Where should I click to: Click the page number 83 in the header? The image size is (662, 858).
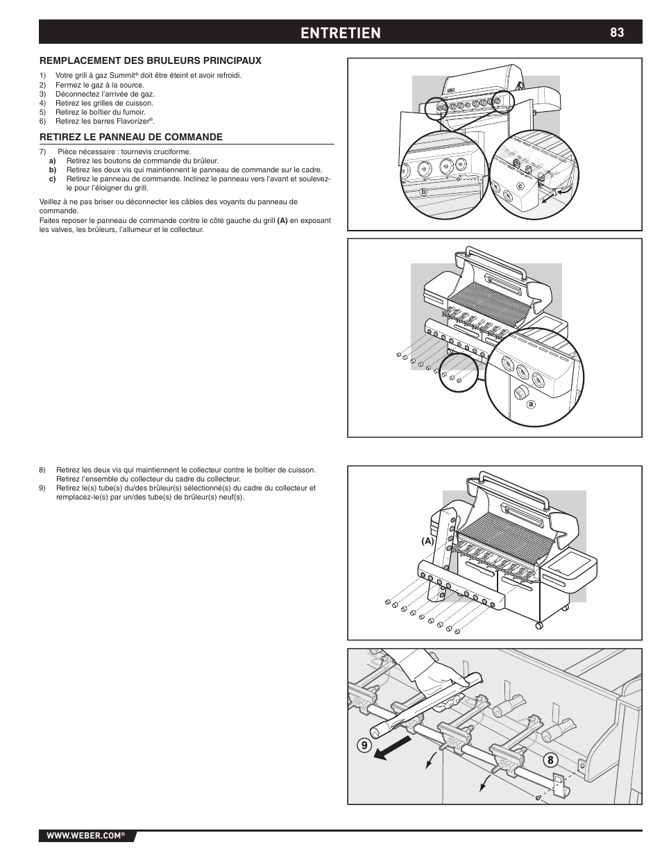click(x=617, y=32)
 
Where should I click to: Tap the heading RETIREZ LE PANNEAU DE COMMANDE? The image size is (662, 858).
click(x=130, y=137)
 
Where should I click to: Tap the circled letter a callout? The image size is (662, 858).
click(x=531, y=404)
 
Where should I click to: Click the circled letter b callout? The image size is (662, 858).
click(x=421, y=190)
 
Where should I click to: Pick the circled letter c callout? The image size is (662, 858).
click(x=519, y=185)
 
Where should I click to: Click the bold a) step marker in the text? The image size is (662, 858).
click(x=52, y=160)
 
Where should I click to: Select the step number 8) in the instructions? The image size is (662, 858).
click(x=42, y=470)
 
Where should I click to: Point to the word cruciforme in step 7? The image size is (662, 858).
click(x=173, y=151)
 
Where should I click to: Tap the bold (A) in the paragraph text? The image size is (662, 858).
click(x=282, y=221)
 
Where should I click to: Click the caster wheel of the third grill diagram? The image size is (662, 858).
click(x=539, y=627)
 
